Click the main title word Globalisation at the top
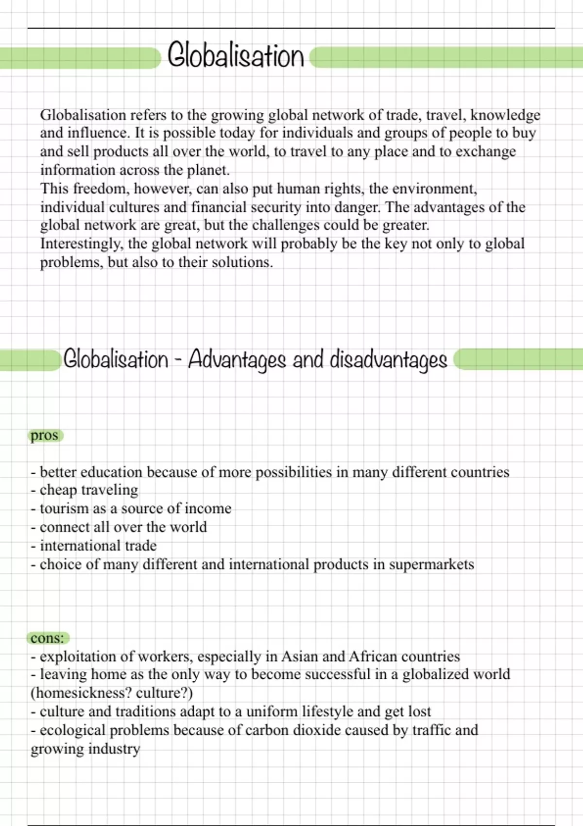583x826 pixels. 236,56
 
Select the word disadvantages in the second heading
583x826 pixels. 388,360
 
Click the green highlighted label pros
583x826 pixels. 44,435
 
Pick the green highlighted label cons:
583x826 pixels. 47,638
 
